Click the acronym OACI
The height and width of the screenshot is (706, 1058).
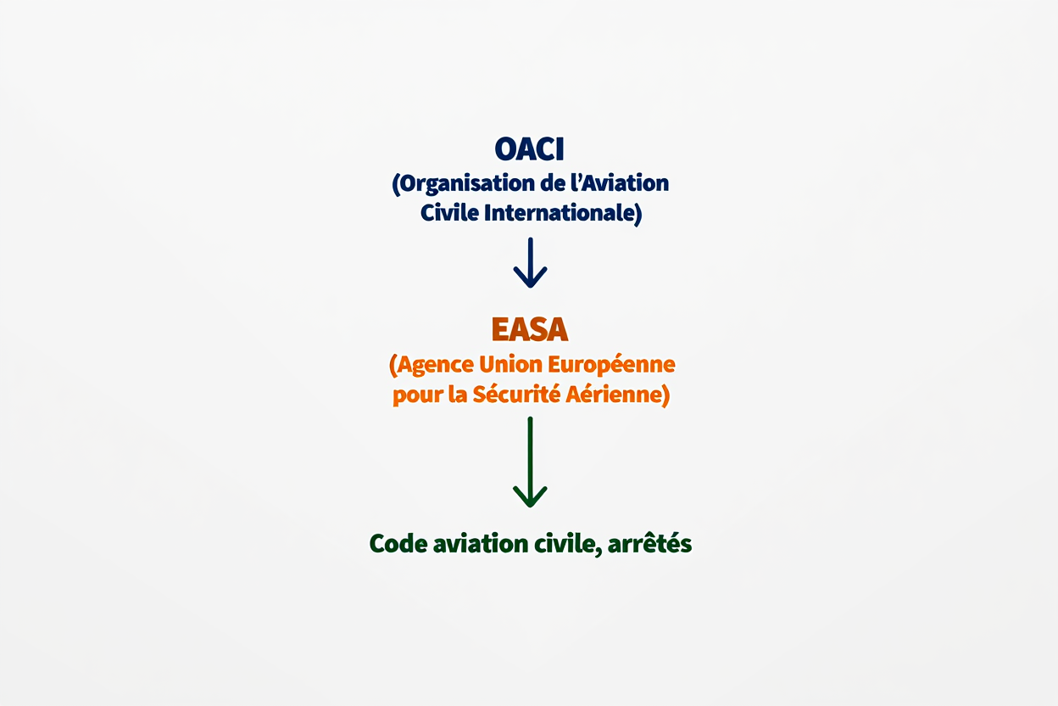point(529,149)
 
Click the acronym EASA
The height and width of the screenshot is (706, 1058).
point(529,330)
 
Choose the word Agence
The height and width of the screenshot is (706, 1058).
point(432,365)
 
